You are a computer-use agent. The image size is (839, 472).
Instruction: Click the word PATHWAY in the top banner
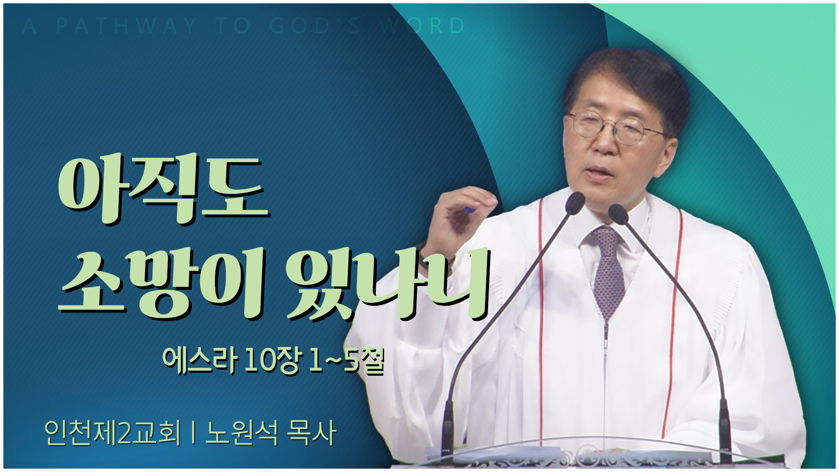coord(127,26)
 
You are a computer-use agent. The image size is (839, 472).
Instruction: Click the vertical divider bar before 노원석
coord(193,433)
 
